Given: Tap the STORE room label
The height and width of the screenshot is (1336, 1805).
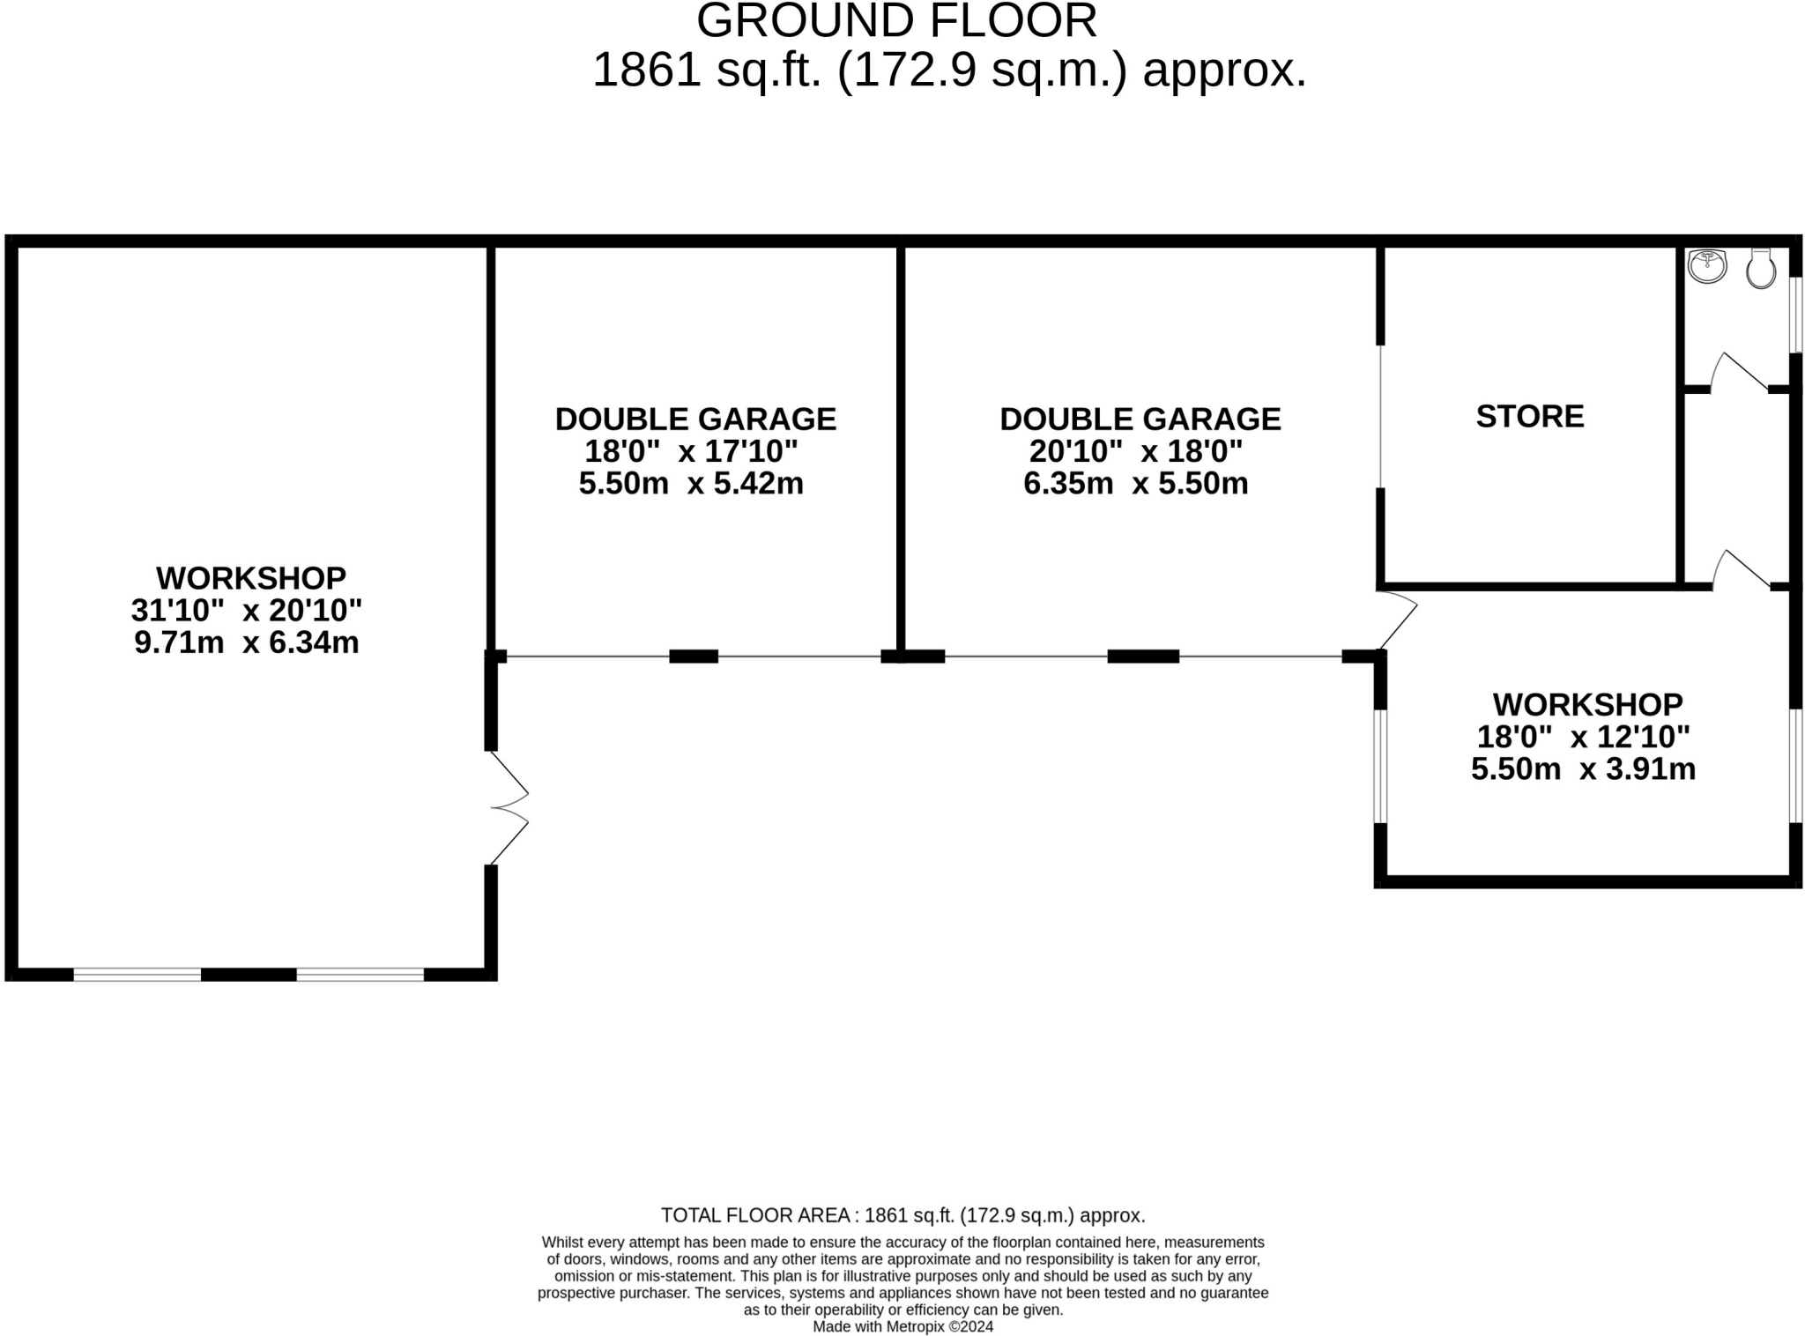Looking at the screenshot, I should click(1529, 416).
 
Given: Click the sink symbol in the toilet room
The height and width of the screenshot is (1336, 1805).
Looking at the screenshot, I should click(1707, 266).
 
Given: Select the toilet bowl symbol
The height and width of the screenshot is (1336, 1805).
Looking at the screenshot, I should click(1760, 269).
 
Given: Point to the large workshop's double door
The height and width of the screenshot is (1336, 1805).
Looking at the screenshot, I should click(510, 807).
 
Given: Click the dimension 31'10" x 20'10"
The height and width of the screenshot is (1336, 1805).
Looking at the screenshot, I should click(247, 610).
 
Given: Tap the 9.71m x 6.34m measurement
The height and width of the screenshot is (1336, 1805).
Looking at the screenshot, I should click(247, 642).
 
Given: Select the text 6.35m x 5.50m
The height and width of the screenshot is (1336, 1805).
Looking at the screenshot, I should click(1135, 483).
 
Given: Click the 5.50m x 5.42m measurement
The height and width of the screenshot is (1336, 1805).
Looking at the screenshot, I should click(691, 483).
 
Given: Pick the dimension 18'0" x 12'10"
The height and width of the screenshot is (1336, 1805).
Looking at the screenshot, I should click(1583, 737).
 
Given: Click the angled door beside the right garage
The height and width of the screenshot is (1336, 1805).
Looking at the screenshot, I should click(1398, 620).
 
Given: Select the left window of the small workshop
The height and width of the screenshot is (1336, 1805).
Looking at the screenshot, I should click(1380, 766).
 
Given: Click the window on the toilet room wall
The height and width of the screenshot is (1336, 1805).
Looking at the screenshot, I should click(1795, 314).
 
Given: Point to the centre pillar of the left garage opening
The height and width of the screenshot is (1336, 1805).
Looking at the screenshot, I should click(694, 656).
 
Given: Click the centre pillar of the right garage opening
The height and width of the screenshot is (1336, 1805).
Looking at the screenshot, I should click(1143, 656).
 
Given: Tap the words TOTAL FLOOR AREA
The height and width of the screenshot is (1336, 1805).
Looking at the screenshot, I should click(755, 1215).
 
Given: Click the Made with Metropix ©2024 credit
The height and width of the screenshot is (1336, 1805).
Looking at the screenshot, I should click(902, 1326).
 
